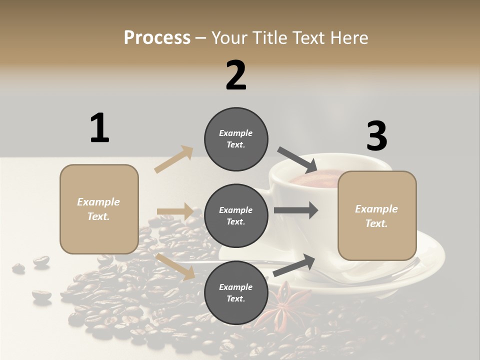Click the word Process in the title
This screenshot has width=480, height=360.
pyautogui.click(x=157, y=37)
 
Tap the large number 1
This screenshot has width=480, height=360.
pyautogui.click(x=99, y=128)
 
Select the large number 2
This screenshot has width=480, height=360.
pyautogui.click(x=236, y=75)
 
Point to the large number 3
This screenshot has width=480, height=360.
pyautogui.click(x=376, y=136)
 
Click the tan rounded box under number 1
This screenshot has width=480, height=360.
pyautogui.click(x=99, y=209)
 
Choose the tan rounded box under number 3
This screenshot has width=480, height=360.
pyautogui.click(x=377, y=215)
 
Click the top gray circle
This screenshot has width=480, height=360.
pyautogui.click(x=236, y=139)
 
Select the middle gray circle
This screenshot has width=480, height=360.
pyautogui.click(x=236, y=215)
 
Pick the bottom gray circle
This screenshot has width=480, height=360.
pyautogui.click(x=236, y=292)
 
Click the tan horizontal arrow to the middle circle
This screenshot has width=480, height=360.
pyautogui.click(x=174, y=211)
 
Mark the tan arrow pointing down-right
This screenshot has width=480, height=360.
pyautogui.click(x=175, y=266)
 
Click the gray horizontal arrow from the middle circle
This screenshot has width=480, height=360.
pyautogui.click(x=295, y=210)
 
